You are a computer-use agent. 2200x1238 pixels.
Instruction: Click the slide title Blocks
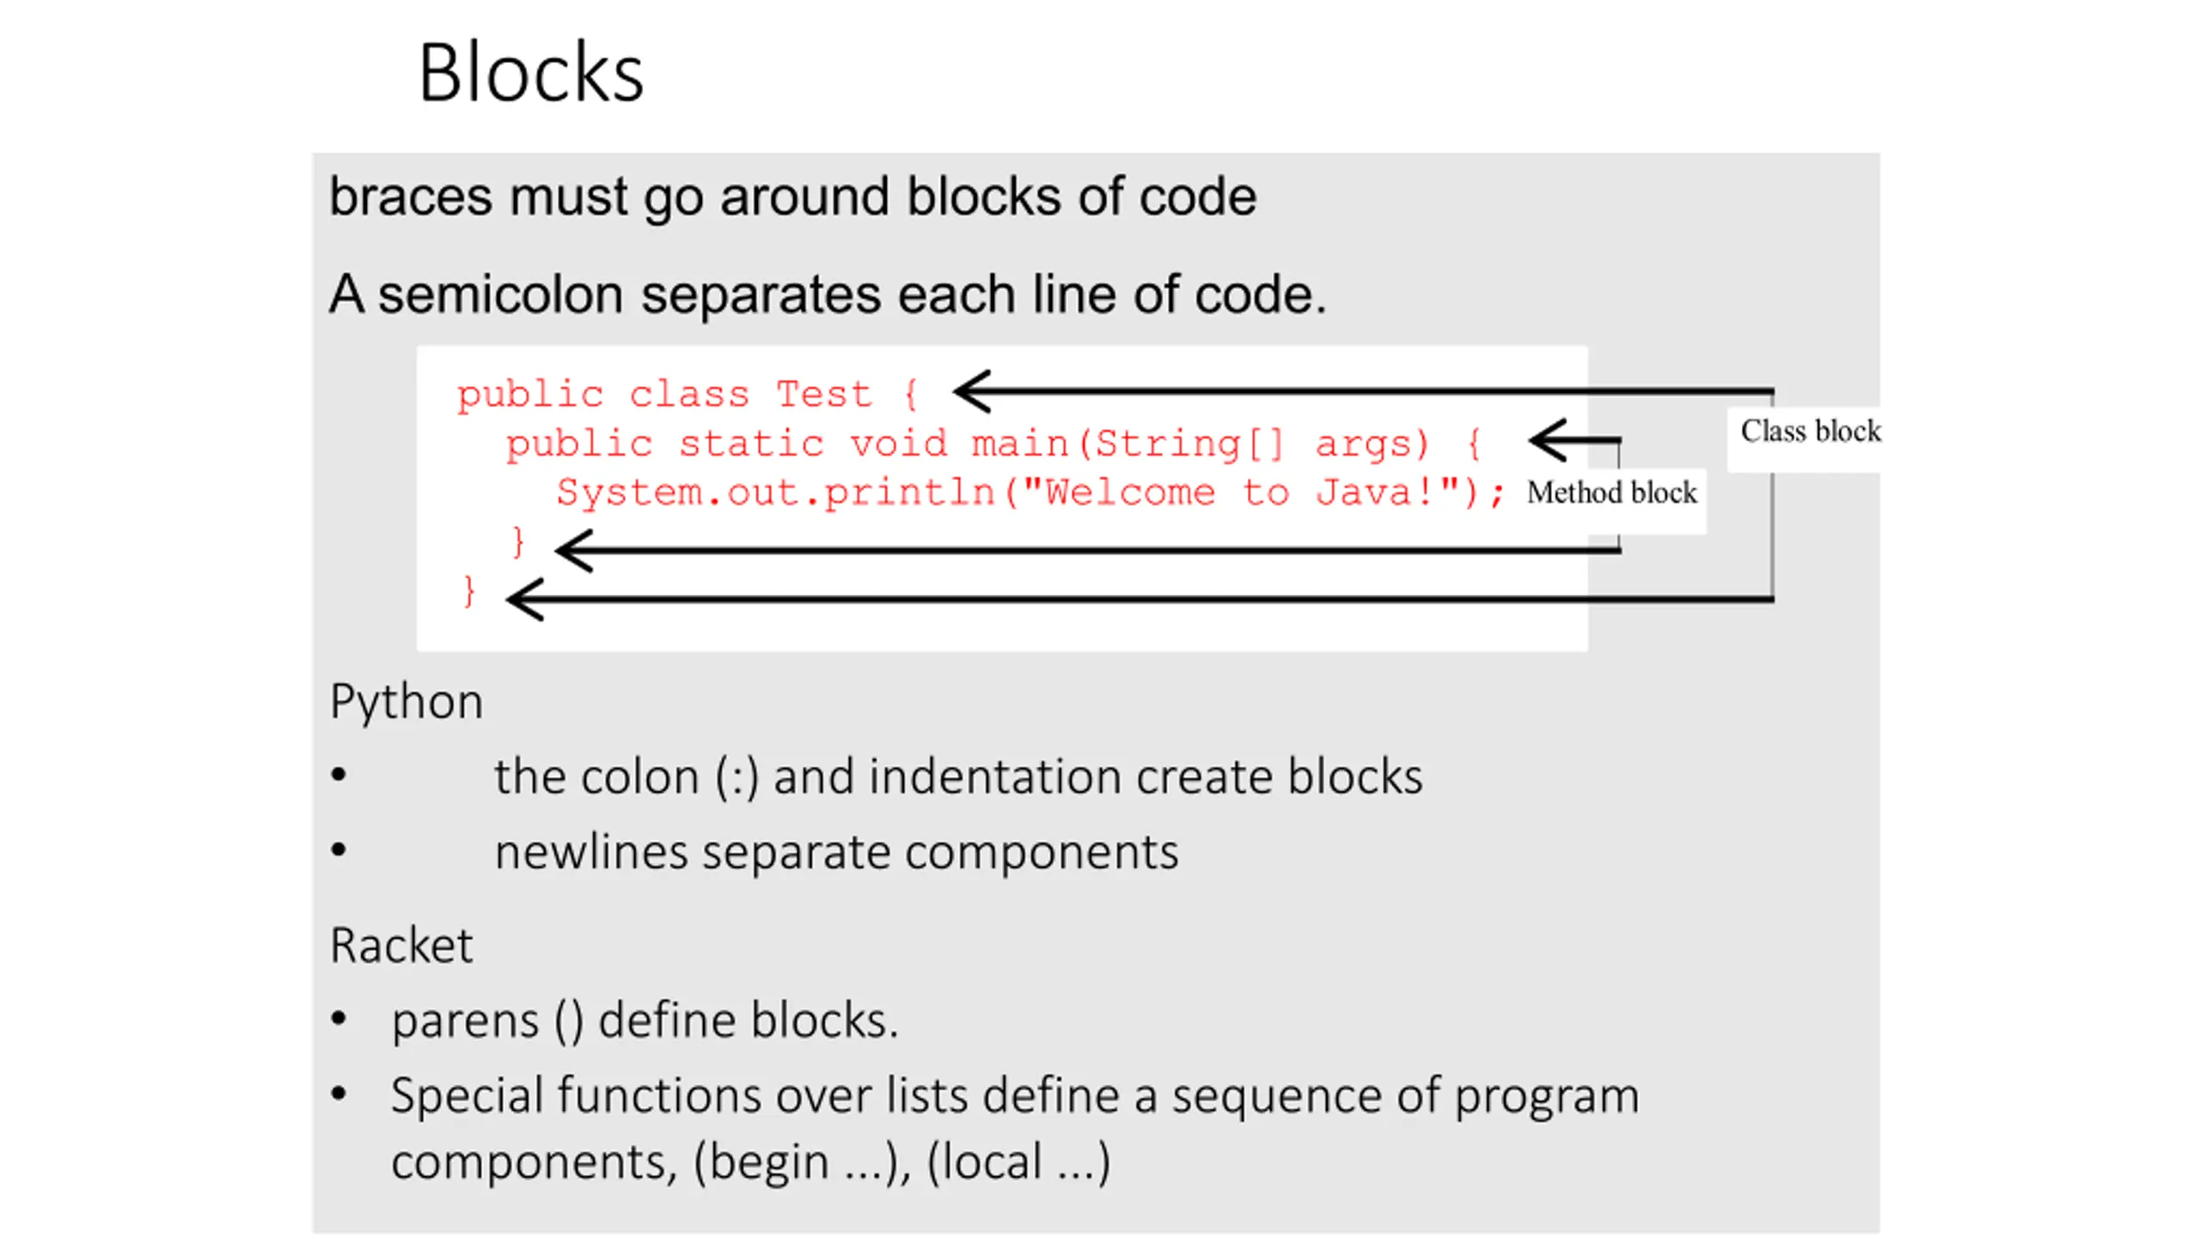530,73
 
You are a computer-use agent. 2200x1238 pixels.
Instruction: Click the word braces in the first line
411,197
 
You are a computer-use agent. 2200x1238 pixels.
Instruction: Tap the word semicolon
501,294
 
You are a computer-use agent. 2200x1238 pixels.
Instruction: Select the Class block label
1810,431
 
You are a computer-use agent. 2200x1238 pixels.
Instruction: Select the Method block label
1611,493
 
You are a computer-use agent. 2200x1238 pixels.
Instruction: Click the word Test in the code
824,395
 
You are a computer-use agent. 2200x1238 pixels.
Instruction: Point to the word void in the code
898,444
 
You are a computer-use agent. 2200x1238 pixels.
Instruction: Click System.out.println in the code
775,493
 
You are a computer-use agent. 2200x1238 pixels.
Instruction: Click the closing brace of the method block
517,542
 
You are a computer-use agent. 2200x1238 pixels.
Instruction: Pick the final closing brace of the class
468,591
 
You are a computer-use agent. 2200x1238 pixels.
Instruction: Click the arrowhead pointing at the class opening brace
972,391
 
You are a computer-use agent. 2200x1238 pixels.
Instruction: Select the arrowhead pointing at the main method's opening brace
1548,440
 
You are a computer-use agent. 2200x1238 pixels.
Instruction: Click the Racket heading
401,946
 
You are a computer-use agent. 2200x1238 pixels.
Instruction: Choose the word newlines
591,853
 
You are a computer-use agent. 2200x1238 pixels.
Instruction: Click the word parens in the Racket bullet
465,1021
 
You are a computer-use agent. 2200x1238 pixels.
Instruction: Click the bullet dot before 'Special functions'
339,1094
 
